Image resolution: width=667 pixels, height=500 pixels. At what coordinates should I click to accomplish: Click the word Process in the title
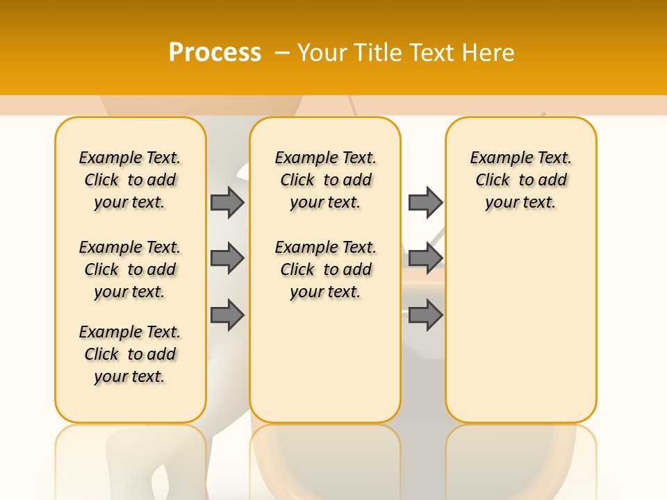pyautogui.click(x=215, y=52)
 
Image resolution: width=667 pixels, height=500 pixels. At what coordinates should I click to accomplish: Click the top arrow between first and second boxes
pyautogui.click(x=227, y=202)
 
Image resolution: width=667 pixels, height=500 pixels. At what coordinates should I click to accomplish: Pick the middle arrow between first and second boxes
pyautogui.click(x=227, y=258)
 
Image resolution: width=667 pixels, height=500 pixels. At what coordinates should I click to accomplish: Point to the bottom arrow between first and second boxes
pyautogui.click(x=227, y=315)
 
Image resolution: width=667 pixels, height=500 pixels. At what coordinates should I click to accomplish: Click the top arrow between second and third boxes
pyautogui.click(x=425, y=202)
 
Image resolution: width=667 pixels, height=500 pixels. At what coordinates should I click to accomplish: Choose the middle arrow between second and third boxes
pyautogui.click(x=425, y=258)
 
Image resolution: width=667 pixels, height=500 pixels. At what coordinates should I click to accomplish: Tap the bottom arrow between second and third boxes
pyautogui.click(x=425, y=315)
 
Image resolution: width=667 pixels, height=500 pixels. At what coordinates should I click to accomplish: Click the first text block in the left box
pyautogui.click(x=130, y=180)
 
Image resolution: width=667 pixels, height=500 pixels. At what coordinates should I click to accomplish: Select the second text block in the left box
pyautogui.click(x=130, y=269)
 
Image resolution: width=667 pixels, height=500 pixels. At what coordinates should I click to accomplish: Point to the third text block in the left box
pyautogui.click(x=130, y=354)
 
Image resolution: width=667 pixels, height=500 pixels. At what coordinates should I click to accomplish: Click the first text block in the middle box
pyautogui.click(x=326, y=180)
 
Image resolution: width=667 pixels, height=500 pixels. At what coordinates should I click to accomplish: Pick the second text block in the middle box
pyautogui.click(x=326, y=269)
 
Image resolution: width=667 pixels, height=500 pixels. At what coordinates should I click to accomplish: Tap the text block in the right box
pyautogui.click(x=521, y=180)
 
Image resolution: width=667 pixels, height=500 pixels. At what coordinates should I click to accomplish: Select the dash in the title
pyautogui.click(x=282, y=53)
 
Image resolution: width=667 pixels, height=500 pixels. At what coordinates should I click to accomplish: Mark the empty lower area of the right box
pyautogui.click(x=521, y=319)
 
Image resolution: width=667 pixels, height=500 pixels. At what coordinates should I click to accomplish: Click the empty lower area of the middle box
pyautogui.click(x=325, y=361)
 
